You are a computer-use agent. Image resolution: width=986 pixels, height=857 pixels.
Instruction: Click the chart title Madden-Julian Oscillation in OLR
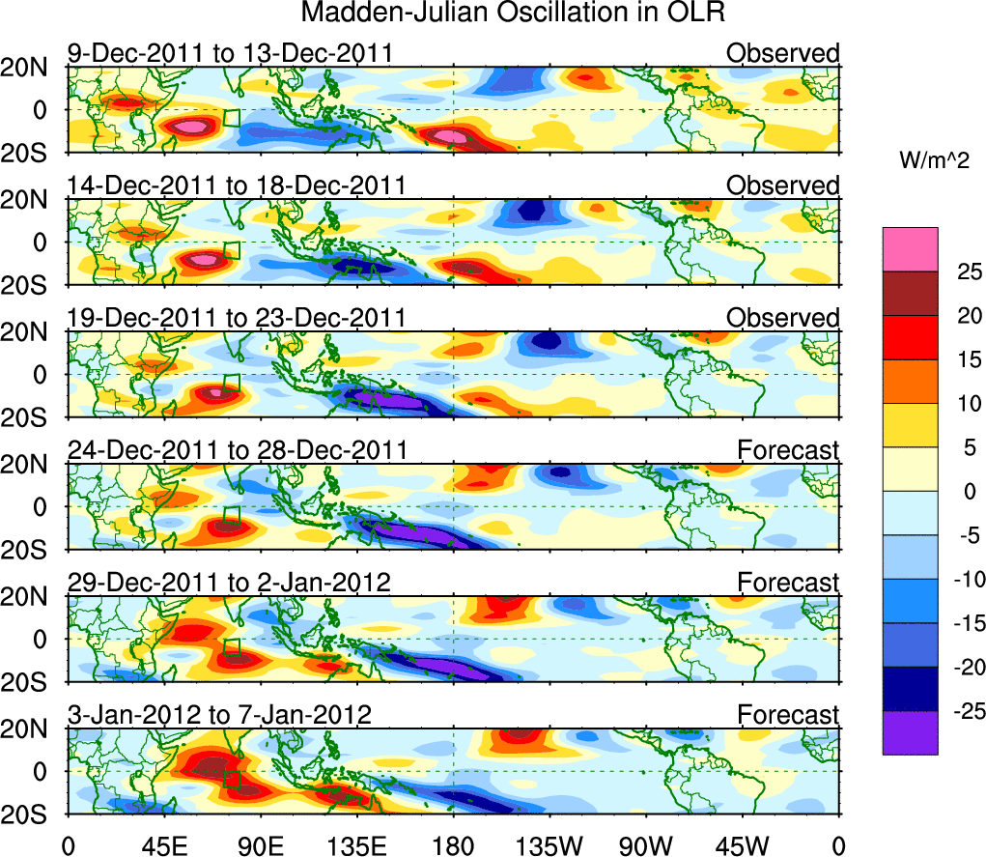(x=512, y=14)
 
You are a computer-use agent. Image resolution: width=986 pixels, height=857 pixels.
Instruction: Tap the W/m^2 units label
(x=934, y=160)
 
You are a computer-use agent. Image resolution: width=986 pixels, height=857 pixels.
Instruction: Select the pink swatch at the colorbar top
(x=909, y=249)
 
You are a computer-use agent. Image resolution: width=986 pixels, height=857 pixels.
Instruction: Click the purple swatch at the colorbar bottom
(x=909, y=732)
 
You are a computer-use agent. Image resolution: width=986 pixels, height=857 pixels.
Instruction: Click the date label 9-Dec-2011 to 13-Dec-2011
(x=230, y=52)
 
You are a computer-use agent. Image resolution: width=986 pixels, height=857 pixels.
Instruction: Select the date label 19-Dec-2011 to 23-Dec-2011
(x=237, y=318)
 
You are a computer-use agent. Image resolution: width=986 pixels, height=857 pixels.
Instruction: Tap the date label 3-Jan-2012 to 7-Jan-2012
(x=219, y=715)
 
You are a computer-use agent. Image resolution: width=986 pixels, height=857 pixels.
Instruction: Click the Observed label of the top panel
(x=783, y=52)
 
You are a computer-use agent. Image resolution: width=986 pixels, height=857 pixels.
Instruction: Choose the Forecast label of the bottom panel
(x=788, y=715)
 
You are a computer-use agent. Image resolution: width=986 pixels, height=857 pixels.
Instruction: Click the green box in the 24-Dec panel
(x=231, y=515)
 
